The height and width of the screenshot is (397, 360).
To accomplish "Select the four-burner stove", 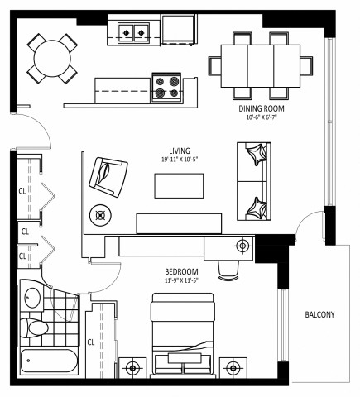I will pos(166,88).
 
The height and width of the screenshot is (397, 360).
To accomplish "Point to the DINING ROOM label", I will pos(261,108).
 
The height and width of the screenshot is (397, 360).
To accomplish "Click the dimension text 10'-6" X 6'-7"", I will pos(261,117).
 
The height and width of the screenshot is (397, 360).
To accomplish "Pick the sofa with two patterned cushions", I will pos(254,181).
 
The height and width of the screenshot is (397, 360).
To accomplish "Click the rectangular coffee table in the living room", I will pos(180,186).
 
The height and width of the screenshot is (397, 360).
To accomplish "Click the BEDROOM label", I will pos(180,271).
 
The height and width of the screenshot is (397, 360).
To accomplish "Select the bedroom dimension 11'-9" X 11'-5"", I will pos(180,280).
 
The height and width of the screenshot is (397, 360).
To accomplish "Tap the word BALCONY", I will pos(319,314).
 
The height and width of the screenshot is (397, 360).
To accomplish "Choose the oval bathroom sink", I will pos(33,298).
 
